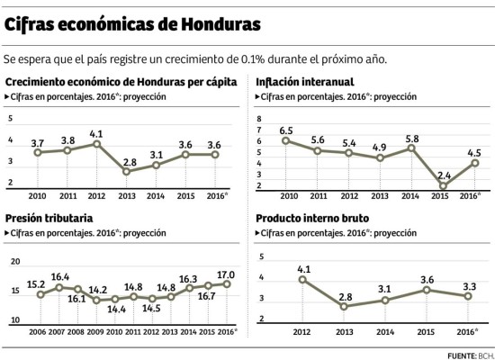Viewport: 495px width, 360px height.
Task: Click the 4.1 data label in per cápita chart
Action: (x=96, y=133)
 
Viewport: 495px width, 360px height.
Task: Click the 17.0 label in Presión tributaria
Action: (x=226, y=274)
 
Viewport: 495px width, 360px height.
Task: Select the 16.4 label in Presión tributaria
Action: (x=60, y=277)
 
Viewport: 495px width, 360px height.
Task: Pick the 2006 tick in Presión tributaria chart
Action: (x=37, y=330)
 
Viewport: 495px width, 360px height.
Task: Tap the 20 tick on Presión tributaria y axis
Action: (x=15, y=261)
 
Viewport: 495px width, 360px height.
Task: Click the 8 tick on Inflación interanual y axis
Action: (x=259, y=119)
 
